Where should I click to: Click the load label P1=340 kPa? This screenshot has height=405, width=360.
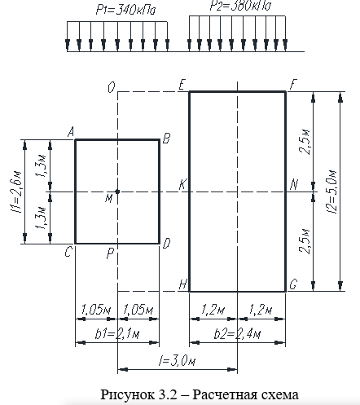pyautogui.click(x=125, y=11)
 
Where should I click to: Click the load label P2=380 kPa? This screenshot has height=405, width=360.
pyautogui.click(x=240, y=6)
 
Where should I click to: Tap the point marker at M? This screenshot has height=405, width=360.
pyautogui.click(x=117, y=191)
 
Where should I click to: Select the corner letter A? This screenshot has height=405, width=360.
pyautogui.click(x=71, y=133)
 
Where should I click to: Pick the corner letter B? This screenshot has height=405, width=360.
pyautogui.click(x=166, y=138)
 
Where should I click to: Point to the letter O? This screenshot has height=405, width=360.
pyautogui.click(x=112, y=87)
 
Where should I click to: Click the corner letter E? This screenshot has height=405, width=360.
pyautogui.click(x=182, y=85)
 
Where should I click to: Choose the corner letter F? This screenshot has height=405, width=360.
pyautogui.click(x=293, y=85)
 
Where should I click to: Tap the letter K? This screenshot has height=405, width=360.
pyautogui.click(x=182, y=185)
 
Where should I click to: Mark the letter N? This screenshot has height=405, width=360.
pyautogui.click(x=294, y=185)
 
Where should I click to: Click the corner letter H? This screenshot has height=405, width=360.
pyautogui.click(x=182, y=284)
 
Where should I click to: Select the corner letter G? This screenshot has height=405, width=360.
pyautogui.click(x=293, y=284)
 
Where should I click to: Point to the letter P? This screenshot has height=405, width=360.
pyautogui.click(x=110, y=253)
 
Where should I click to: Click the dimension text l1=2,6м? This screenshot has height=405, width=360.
pyautogui.click(x=16, y=192)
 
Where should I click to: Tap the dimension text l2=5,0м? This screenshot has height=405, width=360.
pyautogui.click(x=332, y=191)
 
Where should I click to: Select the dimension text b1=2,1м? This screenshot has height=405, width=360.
pyautogui.click(x=117, y=334)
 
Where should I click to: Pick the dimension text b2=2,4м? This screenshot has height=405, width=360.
pyautogui.click(x=237, y=334)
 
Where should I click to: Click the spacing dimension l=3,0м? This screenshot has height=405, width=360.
pyautogui.click(x=177, y=361)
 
